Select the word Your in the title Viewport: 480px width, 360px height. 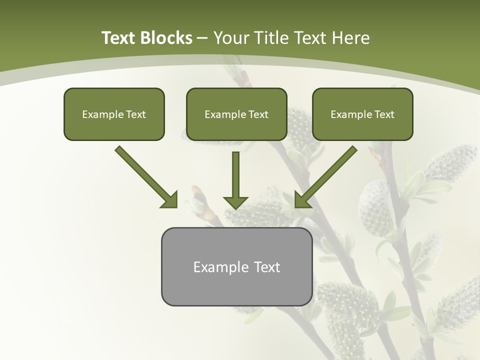coord(231,38)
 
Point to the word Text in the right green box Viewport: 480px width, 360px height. coord(384,114)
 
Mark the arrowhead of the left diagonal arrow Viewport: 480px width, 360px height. coord(170,200)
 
